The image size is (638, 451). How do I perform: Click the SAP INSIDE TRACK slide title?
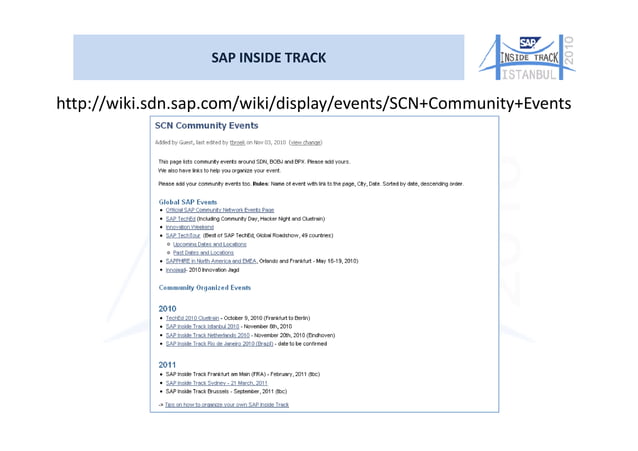(x=268, y=57)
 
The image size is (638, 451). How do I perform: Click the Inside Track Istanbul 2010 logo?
(x=526, y=57)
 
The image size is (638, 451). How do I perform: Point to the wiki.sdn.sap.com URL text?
(x=313, y=103)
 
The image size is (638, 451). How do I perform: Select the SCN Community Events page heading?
(x=205, y=126)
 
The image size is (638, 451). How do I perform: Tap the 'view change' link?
(x=304, y=142)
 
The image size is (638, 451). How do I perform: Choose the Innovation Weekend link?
(x=191, y=227)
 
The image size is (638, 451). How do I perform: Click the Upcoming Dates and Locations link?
(x=209, y=243)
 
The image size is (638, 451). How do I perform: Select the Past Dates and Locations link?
(x=202, y=252)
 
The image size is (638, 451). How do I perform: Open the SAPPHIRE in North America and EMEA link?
(x=211, y=260)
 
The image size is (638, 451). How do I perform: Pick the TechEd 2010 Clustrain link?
(x=193, y=317)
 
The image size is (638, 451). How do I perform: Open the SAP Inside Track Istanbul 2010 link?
(x=202, y=326)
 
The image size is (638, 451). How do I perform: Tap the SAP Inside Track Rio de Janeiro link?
(x=219, y=343)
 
